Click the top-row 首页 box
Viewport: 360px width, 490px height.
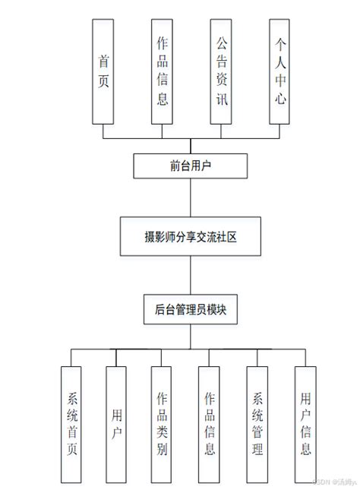(x=103, y=70)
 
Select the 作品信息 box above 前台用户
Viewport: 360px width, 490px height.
(x=162, y=70)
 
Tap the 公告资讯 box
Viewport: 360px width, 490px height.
(x=221, y=70)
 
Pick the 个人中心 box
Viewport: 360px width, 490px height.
(x=280, y=70)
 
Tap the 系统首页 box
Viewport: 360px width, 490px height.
(x=71, y=425)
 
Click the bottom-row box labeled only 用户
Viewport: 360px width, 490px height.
(x=115, y=425)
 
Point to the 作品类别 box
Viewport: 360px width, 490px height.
(x=162, y=425)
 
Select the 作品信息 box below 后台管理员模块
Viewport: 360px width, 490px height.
(x=209, y=425)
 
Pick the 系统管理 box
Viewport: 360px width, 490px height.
(x=257, y=425)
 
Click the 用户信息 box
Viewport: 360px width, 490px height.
(x=305, y=425)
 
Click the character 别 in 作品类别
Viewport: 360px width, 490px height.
(x=162, y=452)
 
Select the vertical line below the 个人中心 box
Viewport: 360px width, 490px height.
(x=280, y=131)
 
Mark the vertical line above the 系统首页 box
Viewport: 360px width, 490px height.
(x=71, y=359)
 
